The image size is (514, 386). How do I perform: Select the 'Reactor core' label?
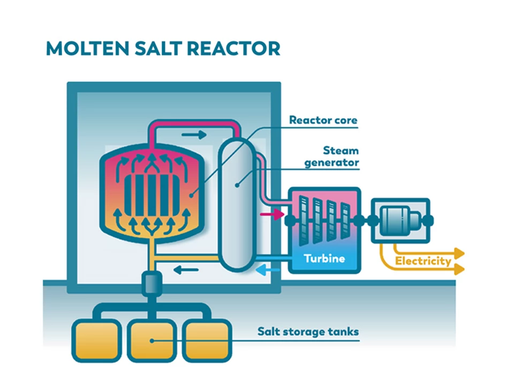tap(323, 120)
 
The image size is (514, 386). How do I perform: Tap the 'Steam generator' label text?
tap(332, 157)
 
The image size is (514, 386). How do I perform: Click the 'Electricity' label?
tap(423, 262)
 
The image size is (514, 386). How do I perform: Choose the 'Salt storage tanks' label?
tap(308, 332)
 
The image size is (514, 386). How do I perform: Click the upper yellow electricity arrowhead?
tap(458, 253)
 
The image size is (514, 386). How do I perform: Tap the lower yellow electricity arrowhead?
tap(458, 270)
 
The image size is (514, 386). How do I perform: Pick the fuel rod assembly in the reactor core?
tap(152, 194)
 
